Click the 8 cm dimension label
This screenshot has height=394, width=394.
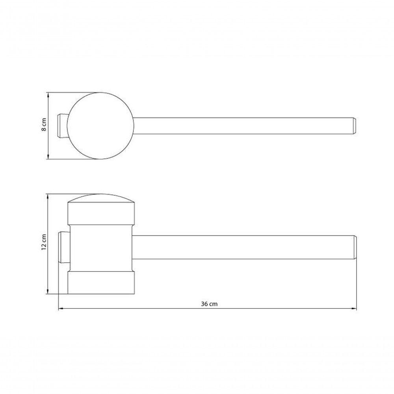click(x=44, y=125)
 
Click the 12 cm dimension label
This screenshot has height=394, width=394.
click(x=44, y=242)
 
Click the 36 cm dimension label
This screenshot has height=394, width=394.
click(x=209, y=304)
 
